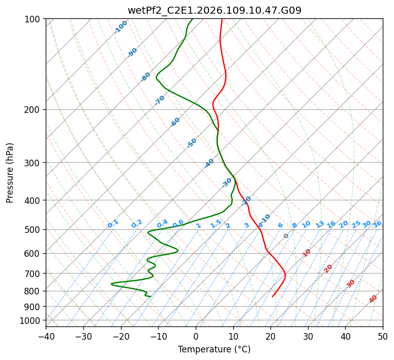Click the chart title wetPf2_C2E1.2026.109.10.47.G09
pos(214,10)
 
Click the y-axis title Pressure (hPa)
pos(10,172)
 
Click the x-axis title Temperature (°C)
pos(214,350)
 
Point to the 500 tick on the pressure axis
pos(34,229)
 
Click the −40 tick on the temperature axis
pos(46,337)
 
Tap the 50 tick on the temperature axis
pos(383,337)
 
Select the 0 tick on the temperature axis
pos(196,337)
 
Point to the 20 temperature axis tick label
pos(270,337)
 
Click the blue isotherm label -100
pos(120,26)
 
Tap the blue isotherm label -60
pos(175,122)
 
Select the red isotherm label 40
pos(373,299)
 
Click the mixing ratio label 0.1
pos(113,223)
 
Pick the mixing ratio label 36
pos(377,224)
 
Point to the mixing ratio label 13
pos(320,224)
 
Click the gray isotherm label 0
pos(286,236)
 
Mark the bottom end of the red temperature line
pos(272,296)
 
